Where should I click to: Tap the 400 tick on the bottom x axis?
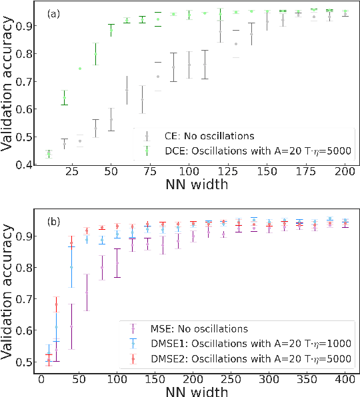[x=344, y=378]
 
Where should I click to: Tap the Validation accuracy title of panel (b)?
[x=9, y=292]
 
